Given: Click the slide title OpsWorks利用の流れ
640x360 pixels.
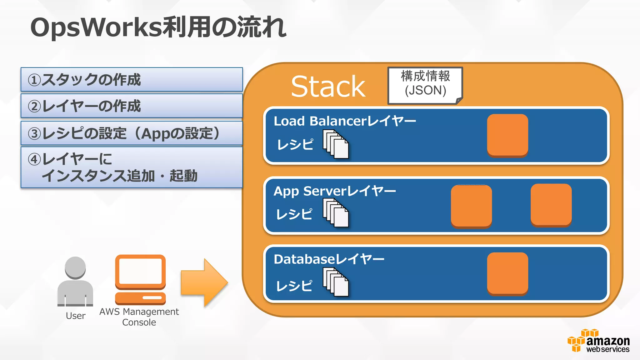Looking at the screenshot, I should (x=158, y=27).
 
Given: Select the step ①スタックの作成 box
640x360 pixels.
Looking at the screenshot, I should (x=132, y=79).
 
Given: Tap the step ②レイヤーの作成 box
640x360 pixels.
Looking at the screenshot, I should (x=132, y=106).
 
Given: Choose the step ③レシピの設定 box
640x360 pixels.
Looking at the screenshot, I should (x=132, y=133).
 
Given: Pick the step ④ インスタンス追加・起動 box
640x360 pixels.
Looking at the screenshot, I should (x=132, y=167).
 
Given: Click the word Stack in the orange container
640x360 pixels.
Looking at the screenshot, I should (x=328, y=87).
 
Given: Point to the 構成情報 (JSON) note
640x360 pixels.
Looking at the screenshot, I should (x=425, y=84).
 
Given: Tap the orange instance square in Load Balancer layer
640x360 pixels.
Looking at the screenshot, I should (x=507, y=135).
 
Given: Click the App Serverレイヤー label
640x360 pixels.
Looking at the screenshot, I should (x=335, y=191).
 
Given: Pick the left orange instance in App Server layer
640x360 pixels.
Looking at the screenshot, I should (x=471, y=206).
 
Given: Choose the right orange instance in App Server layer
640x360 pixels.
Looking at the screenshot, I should (x=551, y=205).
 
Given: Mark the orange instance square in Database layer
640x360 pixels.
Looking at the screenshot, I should (x=507, y=273).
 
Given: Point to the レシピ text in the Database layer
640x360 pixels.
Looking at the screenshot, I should (x=294, y=286).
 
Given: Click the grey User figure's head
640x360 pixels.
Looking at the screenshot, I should (x=75, y=267).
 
